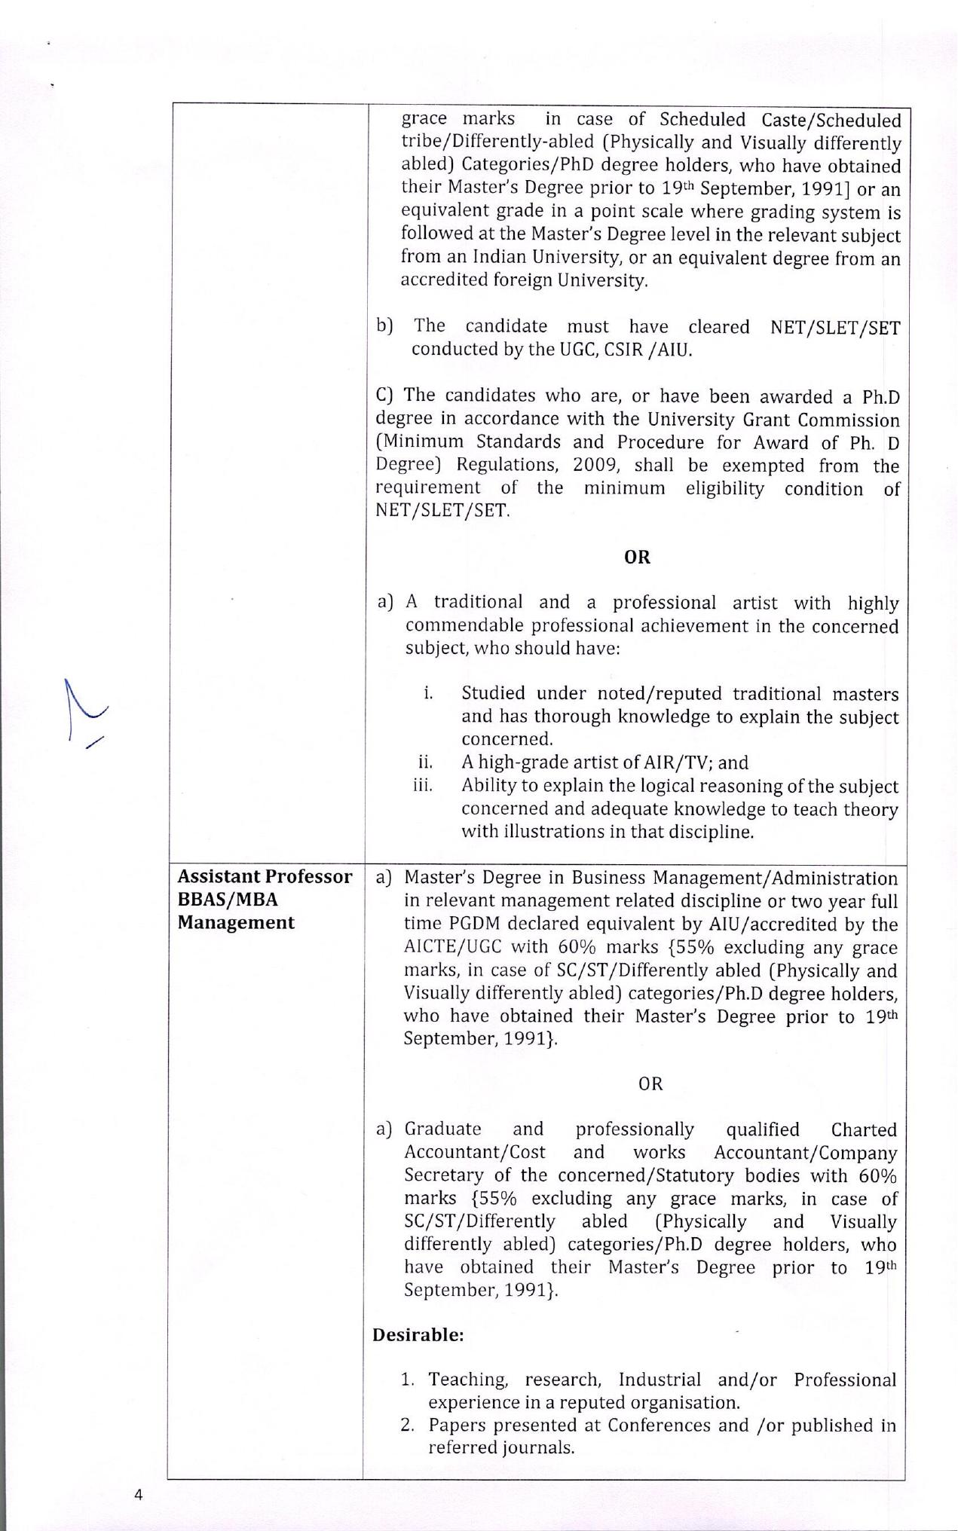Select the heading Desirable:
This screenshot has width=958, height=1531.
pyautogui.click(x=418, y=1334)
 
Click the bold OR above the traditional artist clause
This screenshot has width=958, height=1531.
pyautogui.click(x=637, y=557)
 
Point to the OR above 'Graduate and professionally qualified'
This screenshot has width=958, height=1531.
pyautogui.click(x=650, y=1083)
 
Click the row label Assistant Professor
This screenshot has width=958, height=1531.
pyautogui.click(x=265, y=877)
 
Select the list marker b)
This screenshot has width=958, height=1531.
pyautogui.click(x=385, y=325)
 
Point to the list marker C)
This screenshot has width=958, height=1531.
pyautogui.click(x=385, y=396)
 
